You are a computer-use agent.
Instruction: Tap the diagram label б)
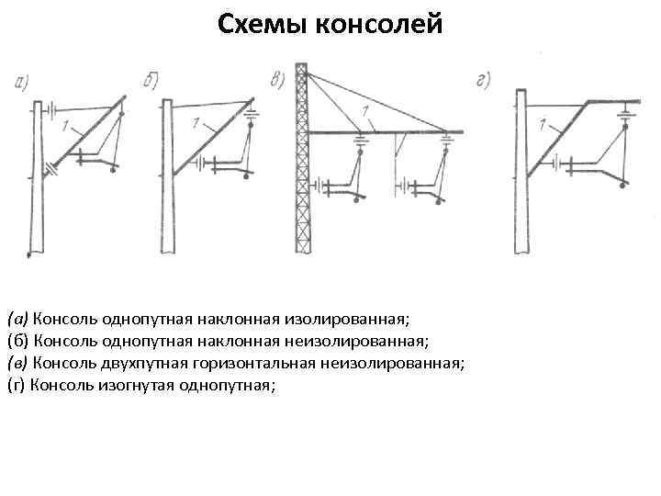coord(152,80)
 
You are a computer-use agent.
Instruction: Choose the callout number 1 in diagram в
coord(366,110)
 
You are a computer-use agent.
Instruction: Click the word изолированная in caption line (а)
coord(352,319)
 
